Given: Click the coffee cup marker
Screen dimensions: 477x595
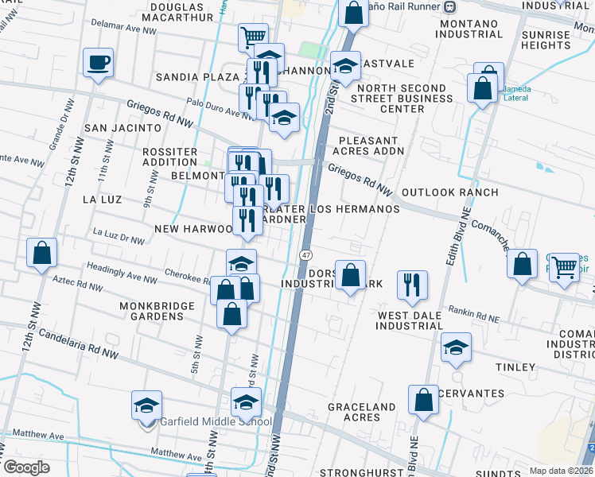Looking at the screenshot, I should [98, 62].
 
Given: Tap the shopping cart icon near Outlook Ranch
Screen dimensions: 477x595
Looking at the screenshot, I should [564, 267].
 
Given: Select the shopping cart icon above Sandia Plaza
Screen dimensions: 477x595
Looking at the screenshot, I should [252, 37].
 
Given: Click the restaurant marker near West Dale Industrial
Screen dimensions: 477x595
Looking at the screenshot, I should [411, 284].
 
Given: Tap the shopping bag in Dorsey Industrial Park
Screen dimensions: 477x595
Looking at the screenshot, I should [350, 275].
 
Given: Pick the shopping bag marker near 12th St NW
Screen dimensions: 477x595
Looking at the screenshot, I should [42, 253].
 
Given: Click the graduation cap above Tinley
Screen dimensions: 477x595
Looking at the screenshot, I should [457, 347].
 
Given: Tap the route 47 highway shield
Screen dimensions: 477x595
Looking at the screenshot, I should [305, 254].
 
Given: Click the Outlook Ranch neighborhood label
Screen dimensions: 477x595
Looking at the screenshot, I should [450, 192].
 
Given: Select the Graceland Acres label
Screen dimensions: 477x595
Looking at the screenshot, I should [361, 412].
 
